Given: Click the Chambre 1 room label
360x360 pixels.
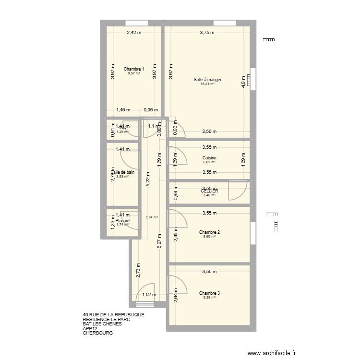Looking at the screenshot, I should tap(133, 69).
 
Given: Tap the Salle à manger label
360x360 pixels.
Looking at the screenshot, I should tap(207, 80).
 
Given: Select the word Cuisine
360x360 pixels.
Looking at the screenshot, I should tap(209, 158).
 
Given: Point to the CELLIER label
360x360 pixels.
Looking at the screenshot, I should tap(209, 191).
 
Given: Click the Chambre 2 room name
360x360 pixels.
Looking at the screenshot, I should tap(209, 232).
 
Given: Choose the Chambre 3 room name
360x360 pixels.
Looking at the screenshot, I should tap(209, 292).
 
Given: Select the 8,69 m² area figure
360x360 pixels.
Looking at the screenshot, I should tap(209, 237).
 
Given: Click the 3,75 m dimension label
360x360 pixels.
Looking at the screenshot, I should tap(207, 33).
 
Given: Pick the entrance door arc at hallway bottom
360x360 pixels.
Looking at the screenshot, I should tap(144, 297).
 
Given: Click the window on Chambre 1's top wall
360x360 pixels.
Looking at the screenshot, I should tap(136, 23).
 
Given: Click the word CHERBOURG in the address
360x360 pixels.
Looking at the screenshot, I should tap(97, 333).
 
